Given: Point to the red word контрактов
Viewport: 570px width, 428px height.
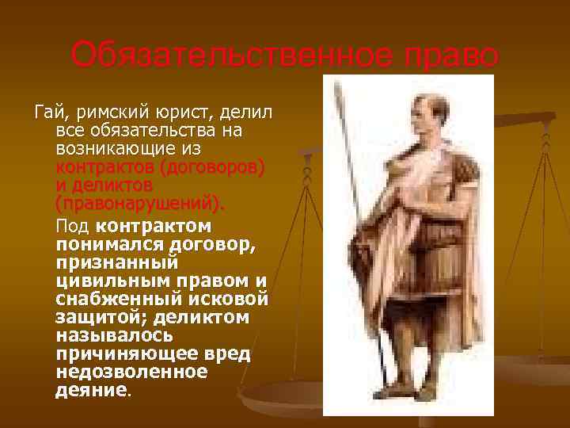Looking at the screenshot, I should click(x=104, y=169).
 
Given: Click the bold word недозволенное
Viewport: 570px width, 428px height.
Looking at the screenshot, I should click(x=131, y=372).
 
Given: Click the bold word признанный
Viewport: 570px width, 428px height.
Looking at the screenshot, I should click(x=117, y=263).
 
